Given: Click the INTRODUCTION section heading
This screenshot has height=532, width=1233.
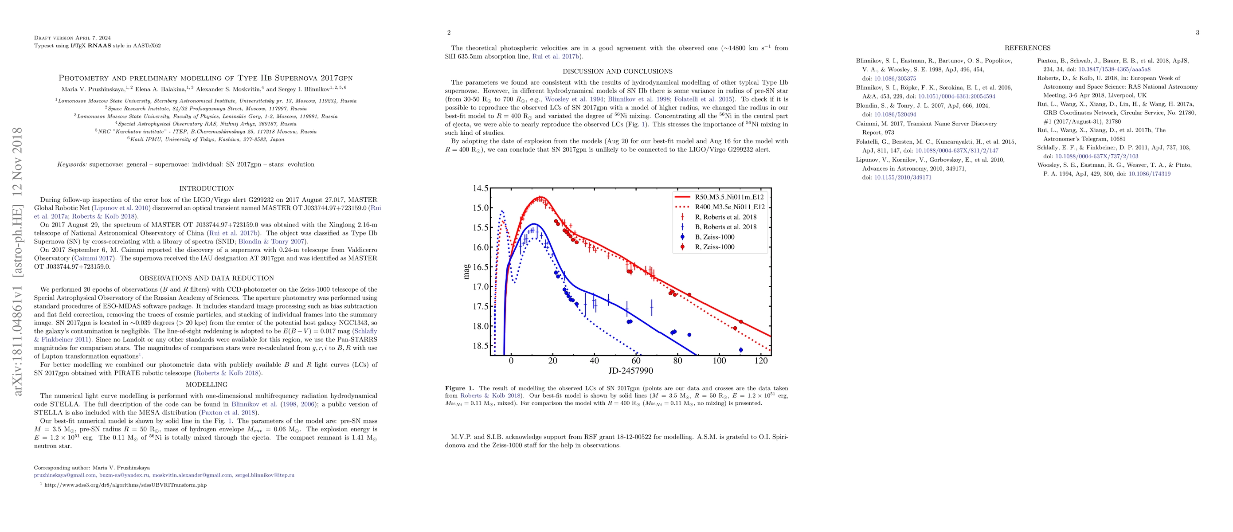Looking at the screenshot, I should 206,188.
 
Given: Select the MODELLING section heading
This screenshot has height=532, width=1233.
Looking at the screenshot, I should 206,385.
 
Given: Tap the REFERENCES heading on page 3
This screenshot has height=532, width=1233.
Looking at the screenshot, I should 1027,48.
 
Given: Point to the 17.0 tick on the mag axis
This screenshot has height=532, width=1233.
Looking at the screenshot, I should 481,287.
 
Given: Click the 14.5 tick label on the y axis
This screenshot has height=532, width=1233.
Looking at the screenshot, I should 481,188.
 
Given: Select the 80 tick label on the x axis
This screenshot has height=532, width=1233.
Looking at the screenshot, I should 677,361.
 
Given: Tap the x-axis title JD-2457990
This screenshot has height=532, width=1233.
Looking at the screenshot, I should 630,371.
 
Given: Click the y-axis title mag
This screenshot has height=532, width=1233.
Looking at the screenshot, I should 466,272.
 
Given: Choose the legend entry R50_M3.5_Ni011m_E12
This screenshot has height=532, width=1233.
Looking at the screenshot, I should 729,197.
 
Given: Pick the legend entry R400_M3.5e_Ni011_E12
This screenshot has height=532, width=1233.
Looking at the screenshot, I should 729,207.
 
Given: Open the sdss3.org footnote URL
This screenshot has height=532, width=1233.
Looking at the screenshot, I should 125,485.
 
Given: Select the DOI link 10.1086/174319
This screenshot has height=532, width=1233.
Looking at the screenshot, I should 1149,174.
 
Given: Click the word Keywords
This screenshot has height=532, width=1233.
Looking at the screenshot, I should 72,164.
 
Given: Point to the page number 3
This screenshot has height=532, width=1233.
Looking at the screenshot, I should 1197,32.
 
